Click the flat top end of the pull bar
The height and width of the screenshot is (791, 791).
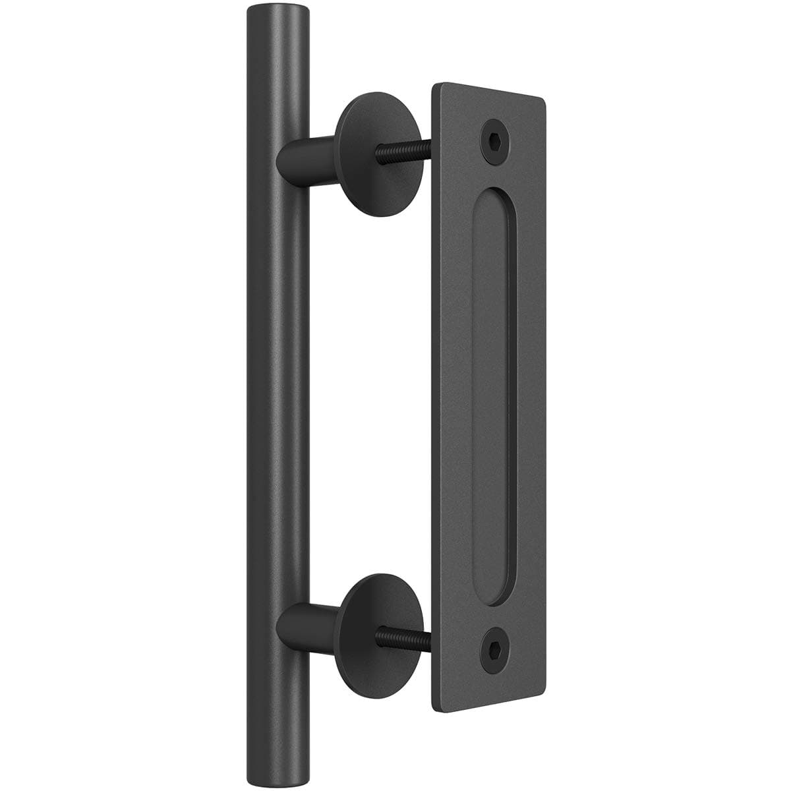tap(276, 11)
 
